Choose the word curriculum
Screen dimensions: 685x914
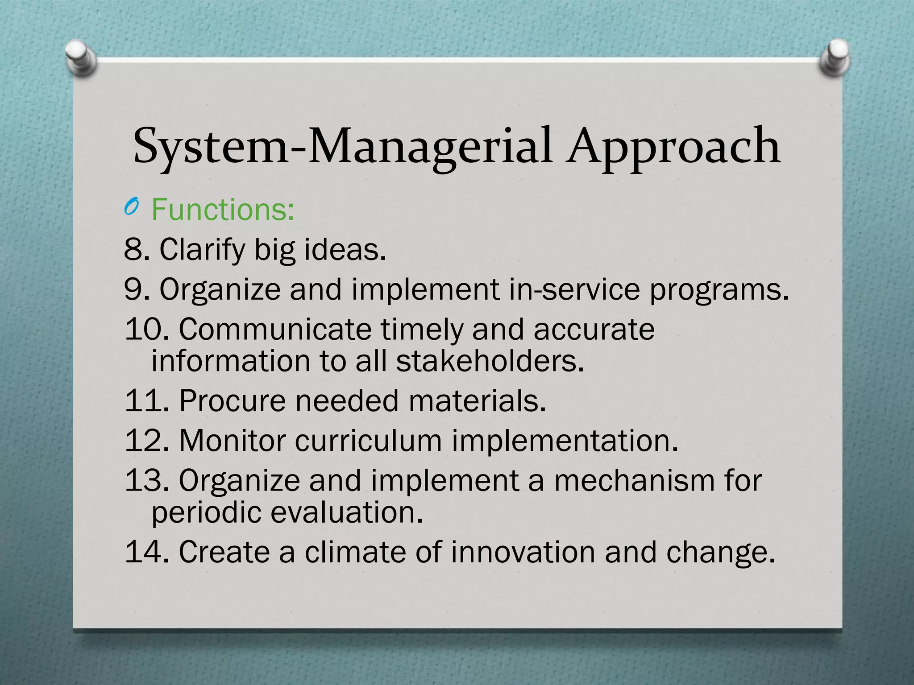368,440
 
